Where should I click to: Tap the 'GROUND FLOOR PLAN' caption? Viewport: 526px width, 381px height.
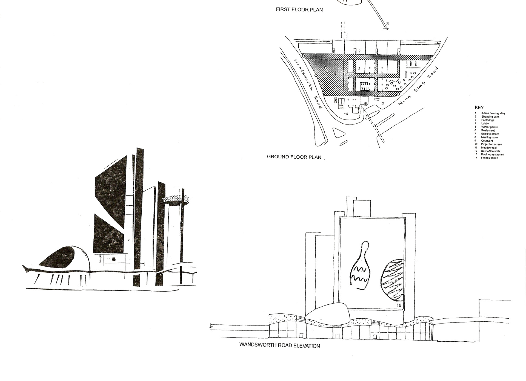tap(294, 157)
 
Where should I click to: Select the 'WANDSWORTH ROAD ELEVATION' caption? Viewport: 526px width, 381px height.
tap(279, 345)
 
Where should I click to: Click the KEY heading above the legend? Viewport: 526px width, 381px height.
tap(479, 107)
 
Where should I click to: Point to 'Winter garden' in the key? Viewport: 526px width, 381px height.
tap(490, 127)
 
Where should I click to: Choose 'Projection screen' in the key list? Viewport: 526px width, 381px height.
tap(491, 144)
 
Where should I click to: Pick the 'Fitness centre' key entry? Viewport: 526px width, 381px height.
tap(489, 158)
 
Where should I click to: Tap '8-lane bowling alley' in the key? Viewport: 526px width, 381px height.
tap(493, 113)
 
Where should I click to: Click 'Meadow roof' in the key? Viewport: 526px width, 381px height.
tap(489, 148)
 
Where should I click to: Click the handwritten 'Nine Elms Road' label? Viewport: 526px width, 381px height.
tap(418, 86)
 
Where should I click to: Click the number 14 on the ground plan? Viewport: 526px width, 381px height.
tap(346, 114)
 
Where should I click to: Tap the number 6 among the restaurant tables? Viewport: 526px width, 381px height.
tap(399, 82)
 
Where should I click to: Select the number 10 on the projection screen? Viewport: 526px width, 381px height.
tap(399, 305)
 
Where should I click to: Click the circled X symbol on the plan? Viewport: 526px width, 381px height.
tap(365, 104)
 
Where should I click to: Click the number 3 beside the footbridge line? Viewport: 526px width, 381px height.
tap(387, 24)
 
